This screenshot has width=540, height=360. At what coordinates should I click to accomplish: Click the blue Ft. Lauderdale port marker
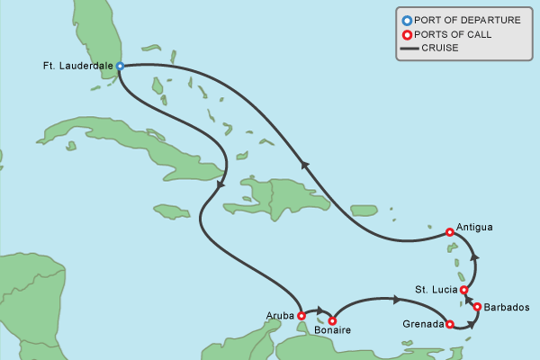pyautogui.click(x=120, y=66)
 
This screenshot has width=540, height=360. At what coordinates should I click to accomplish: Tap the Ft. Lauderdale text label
pyautogui.click(x=77, y=66)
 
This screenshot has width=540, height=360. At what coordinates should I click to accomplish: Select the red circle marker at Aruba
pyautogui.click(x=301, y=316)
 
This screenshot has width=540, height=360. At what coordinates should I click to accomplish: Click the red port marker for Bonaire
pyautogui.click(x=332, y=320)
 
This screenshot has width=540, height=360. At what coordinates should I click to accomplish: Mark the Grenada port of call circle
pyautogui.click(x=449, y=324)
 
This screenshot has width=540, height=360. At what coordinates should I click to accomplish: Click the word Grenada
pyautogui.click(x=423, y=324)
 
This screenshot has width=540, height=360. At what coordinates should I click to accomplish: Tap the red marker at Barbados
pyautogui.click(x=477, y=307)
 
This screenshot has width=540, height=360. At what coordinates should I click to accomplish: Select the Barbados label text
pyautogui.click(x=506, y=308)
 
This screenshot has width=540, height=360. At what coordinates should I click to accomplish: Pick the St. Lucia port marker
pyautogui.click(x=463, y=290)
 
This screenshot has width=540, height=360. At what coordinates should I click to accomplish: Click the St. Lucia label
pyautogui.click(x=436, y=290)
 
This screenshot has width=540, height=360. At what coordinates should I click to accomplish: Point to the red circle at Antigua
pyautogui.click(x=450, y=232)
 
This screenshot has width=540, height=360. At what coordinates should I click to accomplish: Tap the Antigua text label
pyautogui.click(x=474, y=228)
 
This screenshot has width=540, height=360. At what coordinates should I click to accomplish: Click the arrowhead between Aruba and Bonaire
pyautogui.click(x=319, y=312)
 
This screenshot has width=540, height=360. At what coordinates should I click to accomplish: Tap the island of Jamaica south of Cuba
pyautogui.click(x=172, y=211)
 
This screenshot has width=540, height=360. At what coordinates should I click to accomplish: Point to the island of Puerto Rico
pyautogui.click(x=364, y=210)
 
